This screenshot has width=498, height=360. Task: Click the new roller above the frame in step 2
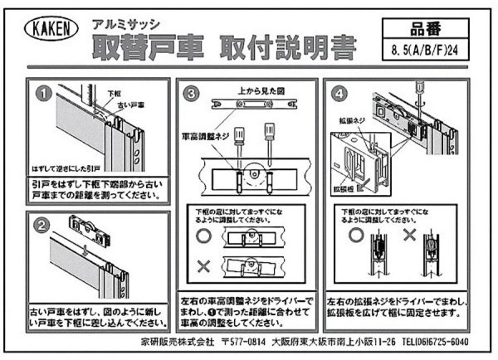tap(86, 226)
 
